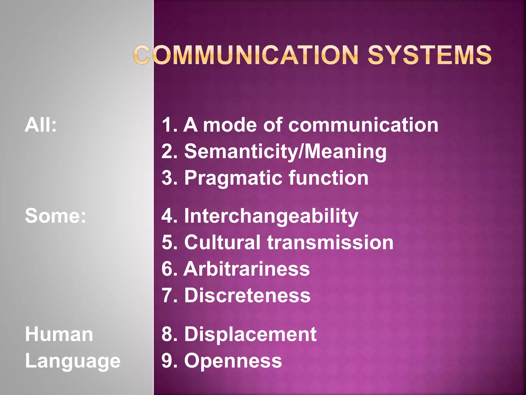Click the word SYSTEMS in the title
pos(430,55)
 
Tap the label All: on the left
pos(41,125)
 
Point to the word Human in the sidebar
pos(59,334)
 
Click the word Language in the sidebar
pos(73,361)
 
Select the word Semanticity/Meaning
pos(285,152)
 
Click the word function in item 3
pos(328,178)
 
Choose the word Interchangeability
pos(271,216)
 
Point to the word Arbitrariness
pos(247,269)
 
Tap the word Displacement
pos(250,334)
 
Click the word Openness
pos(233,361)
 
